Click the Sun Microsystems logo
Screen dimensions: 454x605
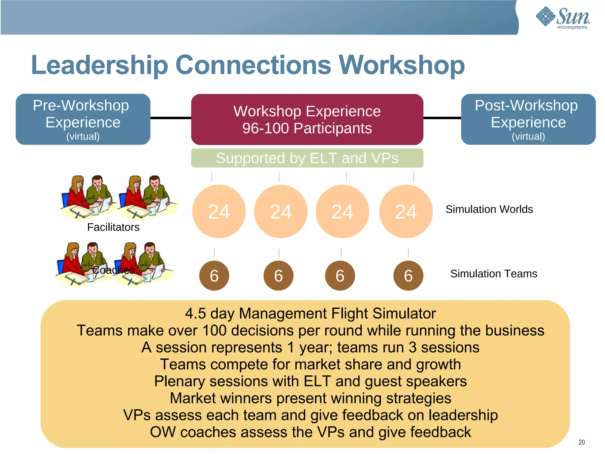coord(563,18)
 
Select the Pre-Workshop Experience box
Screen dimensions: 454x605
coord(83,119)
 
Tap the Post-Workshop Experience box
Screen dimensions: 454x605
coord(528,119)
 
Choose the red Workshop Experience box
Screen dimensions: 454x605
coord(307,119)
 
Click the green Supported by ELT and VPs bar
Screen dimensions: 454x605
coord(307,158)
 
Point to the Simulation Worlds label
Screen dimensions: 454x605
coord(489,209)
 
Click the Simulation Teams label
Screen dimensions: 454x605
coord(494,274)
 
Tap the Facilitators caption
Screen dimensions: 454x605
coord(113,227)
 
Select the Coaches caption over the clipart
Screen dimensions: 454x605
coord(113,270)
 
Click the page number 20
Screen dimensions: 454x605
coord(582,442)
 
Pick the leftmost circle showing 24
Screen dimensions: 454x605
coord(219,212)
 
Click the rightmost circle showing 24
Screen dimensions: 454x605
coord(406,212)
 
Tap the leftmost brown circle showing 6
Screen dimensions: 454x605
coord(214,276)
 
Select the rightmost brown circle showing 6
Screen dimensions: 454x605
coord(408,276)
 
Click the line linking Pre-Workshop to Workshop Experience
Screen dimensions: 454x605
coord(171,118)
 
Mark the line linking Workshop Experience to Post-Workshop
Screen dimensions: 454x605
coord(442,118)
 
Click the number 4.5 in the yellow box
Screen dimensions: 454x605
coord(195,314)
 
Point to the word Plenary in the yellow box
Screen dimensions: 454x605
coord(180,381)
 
